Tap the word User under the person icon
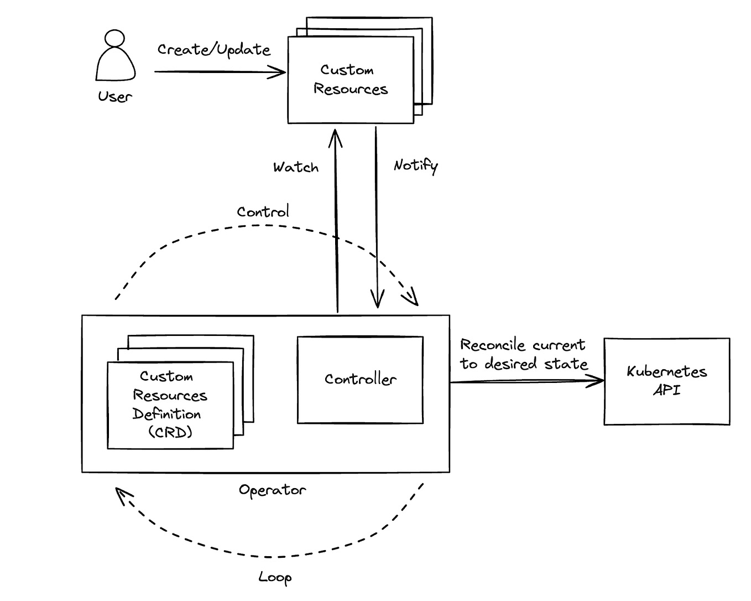(x=115, y=97)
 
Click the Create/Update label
(x=213, y=50)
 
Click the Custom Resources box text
(x=350, y=80)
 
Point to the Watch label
(x=296, y=167)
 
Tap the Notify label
(x=415, y=165)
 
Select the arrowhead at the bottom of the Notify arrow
(x=377, y=302)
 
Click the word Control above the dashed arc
(x=263, y=212)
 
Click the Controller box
(x=360, y=380)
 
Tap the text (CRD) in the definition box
(x=170, y=432)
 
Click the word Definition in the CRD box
(x=166, y=414)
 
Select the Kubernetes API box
(x=666, y=381)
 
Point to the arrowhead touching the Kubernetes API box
(x=598, y=381)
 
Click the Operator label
(x=272, y=490)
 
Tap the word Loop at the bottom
(x=275, y=577)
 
